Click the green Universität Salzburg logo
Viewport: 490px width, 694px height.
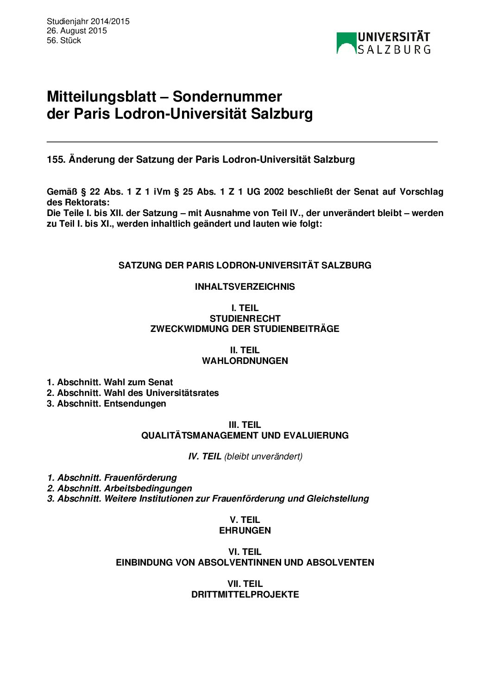coord(383,43)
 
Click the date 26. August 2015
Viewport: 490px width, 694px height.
coord(76,31)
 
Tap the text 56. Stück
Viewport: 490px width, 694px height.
coord(64,40)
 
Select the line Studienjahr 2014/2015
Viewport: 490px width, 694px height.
coord(88,21)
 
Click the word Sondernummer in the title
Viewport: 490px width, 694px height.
coord(227,96)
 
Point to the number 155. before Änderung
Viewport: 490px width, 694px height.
coord(56,159)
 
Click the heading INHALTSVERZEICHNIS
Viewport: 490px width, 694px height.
coord(245,287)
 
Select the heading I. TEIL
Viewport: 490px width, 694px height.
coord(245,308)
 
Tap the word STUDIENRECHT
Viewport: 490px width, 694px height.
coord(245,318)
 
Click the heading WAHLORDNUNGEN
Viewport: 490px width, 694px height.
coord(245,361)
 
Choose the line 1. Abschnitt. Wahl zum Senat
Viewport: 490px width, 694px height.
coord(110,382)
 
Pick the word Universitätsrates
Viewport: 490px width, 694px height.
coord(182,393)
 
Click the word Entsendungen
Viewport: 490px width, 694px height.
coord(135,403)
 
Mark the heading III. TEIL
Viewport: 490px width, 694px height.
coord(245,425)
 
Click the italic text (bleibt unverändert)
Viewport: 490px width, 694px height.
coord(263,456)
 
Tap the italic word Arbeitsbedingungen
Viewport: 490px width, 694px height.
coord(148,488)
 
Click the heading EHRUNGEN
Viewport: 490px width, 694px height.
coord(245,530)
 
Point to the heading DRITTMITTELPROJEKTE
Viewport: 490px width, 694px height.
coord(245,594)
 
